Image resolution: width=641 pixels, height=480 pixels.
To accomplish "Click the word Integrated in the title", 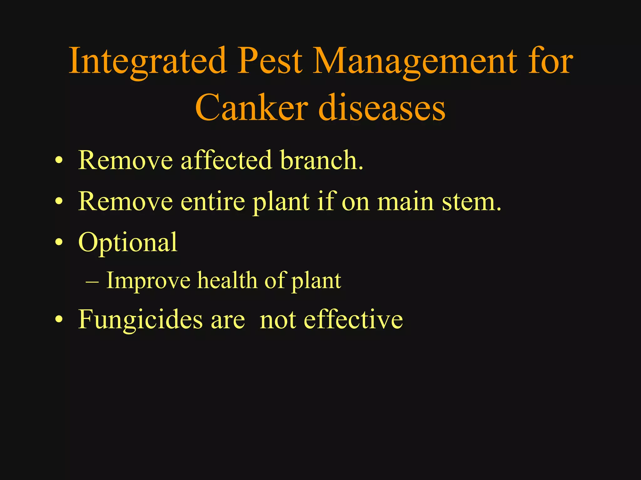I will (147, 61).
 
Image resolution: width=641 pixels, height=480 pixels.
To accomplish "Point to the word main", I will (406, 202).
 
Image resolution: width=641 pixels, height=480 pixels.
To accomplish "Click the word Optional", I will (128, 243).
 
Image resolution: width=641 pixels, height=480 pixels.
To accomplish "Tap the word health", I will (227, 280).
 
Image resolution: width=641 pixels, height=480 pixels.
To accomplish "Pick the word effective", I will (353, 319).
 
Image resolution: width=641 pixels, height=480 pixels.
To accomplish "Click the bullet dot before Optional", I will (59, 243).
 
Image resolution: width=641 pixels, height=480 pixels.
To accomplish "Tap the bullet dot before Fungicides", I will (59, 320).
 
